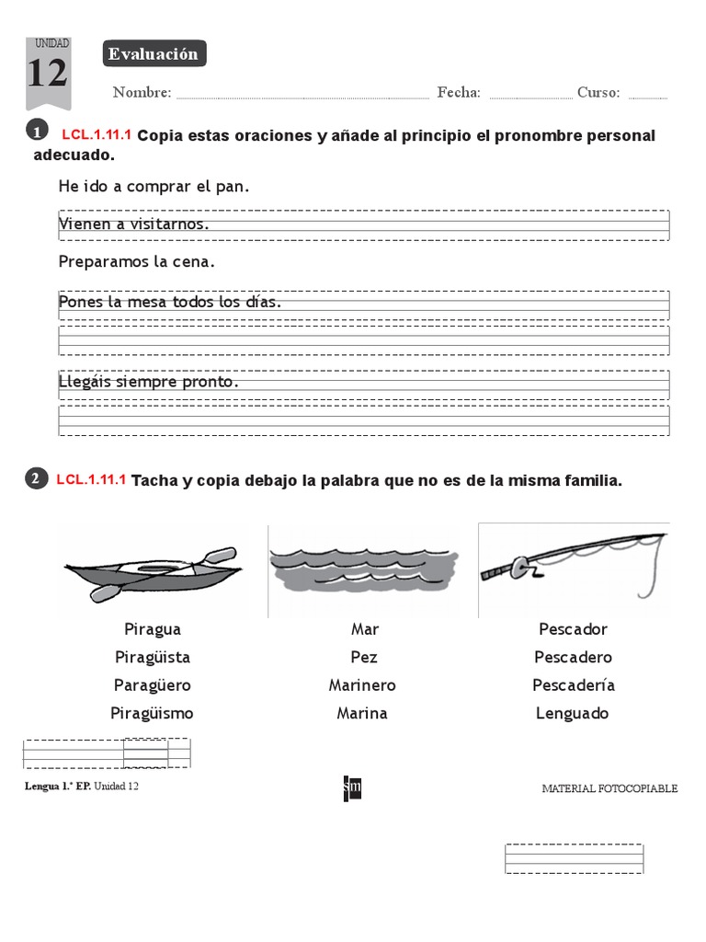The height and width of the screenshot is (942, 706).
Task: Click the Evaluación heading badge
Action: [154, 54]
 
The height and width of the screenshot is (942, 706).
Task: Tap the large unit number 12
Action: [47, 74]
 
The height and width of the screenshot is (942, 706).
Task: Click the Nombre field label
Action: [142, 92]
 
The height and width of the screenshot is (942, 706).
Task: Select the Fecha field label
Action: [459, 92]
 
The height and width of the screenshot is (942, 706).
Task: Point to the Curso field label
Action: [598, 92]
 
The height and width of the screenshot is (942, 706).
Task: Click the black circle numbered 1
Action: [37, 132]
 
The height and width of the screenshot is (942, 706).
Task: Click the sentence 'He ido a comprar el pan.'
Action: [154, 187]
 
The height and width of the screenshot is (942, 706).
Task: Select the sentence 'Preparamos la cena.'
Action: [136, 262]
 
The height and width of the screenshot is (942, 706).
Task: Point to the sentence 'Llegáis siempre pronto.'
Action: [148, 381]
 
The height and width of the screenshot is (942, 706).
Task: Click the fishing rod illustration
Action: [572, 561]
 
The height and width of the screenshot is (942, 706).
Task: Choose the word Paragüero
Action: [153, 685]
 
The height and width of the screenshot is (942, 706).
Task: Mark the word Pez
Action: [364, 658]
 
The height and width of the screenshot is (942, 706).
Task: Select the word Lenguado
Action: [572, 713]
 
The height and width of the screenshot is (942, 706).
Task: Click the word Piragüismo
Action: [153, 713]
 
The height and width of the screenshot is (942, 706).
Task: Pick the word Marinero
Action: [362, 685]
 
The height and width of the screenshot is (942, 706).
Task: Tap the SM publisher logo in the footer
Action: [352, 788]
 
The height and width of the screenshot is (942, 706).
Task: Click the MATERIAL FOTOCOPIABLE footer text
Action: [609, 788]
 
